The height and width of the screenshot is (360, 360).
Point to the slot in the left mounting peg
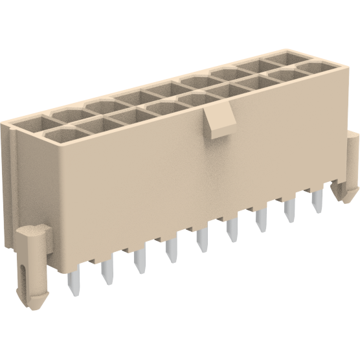coord(25,272)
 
